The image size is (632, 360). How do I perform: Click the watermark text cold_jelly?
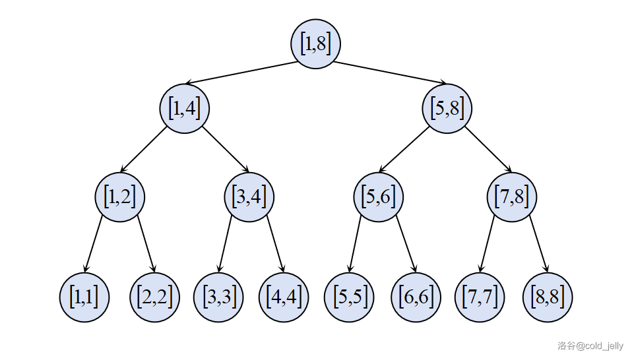(x=602, y=345)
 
